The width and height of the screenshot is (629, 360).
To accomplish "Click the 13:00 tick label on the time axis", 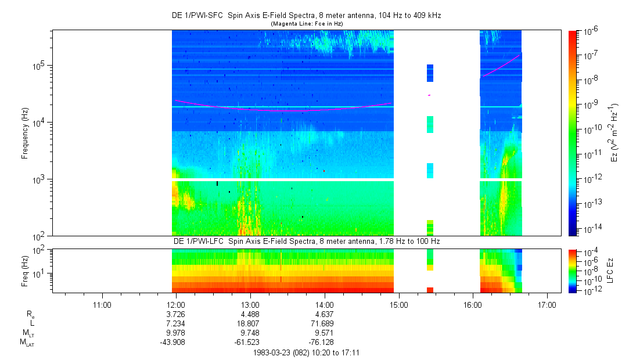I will click(250, 304).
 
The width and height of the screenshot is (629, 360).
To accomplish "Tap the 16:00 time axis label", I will click(473, 304).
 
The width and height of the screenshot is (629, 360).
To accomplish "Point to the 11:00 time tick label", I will click(102, 304).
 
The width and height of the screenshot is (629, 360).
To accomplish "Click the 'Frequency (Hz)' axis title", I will click(26, 133).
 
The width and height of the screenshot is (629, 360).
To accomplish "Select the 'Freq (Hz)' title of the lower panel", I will click(26, 270).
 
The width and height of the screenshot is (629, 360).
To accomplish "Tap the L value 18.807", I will click(250, 323).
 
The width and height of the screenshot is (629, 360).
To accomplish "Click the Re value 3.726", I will click(176, 314).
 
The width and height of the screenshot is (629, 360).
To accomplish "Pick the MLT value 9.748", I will click(250, 333).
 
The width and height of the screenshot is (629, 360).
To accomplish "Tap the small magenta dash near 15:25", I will click(429, 95).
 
